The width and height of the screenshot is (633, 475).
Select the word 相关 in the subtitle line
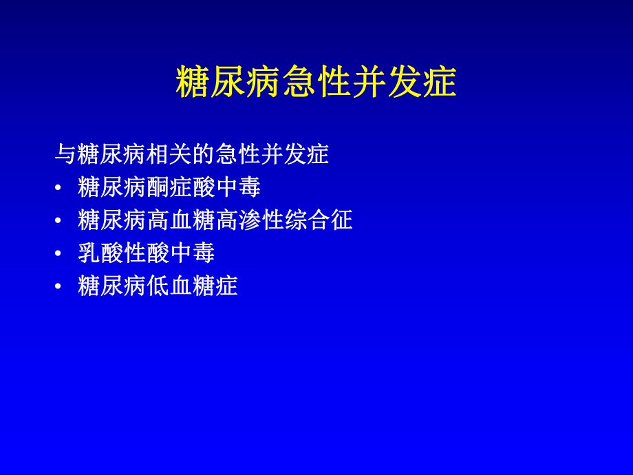tap(169, 154)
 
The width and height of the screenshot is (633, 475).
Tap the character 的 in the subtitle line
tap(202, 154)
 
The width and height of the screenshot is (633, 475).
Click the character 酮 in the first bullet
tap(158, 187)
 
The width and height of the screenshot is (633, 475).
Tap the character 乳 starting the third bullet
tap(90, 253)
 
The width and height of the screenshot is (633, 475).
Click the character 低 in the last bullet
tap(158, 286)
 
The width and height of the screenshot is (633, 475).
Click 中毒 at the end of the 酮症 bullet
tap(237, 187)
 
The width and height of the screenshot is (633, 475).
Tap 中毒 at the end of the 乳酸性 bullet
tap(192, 253)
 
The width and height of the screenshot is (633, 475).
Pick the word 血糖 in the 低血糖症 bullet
tap(192, 286)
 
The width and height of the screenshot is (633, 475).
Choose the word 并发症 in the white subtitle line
tap(294, 154)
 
